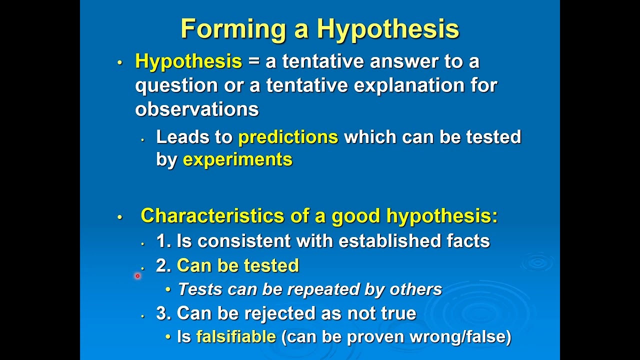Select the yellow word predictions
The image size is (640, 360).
coord(288,137)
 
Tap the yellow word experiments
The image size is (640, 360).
coord(237,159)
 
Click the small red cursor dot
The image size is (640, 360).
coord(137,275)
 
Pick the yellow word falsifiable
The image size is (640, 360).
coord(236,336)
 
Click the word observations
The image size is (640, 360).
coord(196,109)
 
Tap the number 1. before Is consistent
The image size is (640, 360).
coord(163,241)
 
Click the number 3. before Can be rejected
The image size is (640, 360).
coord(163,313)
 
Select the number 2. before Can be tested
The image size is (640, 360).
coord(163,265)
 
